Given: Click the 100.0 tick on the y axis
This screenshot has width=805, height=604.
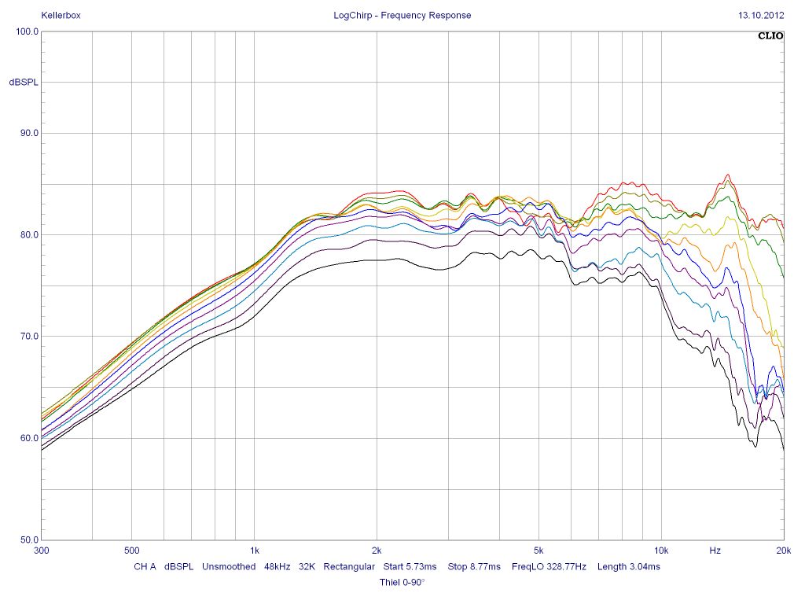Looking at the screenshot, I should point(28,31).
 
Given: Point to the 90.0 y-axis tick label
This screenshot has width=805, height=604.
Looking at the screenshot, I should point(28,133).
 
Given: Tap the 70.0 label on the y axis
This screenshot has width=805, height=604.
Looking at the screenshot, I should point(28,337).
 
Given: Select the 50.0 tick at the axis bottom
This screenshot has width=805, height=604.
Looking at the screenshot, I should point(28,540).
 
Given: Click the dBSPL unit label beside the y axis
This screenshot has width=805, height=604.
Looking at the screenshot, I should point(24,83).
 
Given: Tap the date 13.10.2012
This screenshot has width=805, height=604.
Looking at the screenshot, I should point(761,15).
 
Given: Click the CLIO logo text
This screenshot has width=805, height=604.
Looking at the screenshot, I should point(770,35).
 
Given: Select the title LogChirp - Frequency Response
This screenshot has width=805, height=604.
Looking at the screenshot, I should point(402,15).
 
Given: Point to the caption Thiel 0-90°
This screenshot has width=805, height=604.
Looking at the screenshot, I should point(402,582).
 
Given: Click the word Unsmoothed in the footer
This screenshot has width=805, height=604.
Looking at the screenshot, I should point(229,566).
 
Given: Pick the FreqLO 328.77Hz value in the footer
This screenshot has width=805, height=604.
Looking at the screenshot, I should point(549,566).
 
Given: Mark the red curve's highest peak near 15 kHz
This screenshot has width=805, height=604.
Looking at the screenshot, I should point(728,175).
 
